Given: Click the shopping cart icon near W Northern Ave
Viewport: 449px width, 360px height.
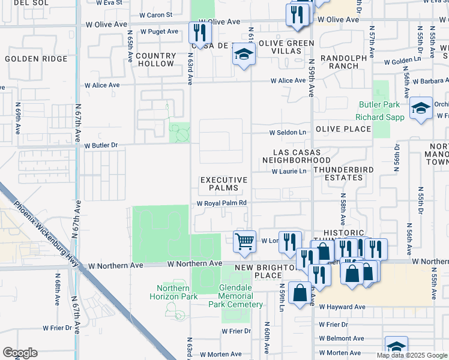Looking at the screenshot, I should tap(244, 241).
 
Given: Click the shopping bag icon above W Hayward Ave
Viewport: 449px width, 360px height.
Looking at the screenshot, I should tap(299, 293).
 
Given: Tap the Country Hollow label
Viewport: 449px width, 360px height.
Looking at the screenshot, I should tap(155, 59).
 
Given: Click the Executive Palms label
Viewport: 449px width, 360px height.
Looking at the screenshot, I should tap(224, 184).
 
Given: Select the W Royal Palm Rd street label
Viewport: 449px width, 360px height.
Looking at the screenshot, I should tap(222, 203).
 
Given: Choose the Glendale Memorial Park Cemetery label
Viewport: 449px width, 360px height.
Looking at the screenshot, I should tap(241, 296).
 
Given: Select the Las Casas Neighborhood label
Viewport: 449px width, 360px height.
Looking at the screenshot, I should tap(297, 157).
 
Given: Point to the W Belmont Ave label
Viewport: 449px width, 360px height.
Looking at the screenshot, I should tap(342, 338).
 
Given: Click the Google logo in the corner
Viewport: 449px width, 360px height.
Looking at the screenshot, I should tap(20, 353).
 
